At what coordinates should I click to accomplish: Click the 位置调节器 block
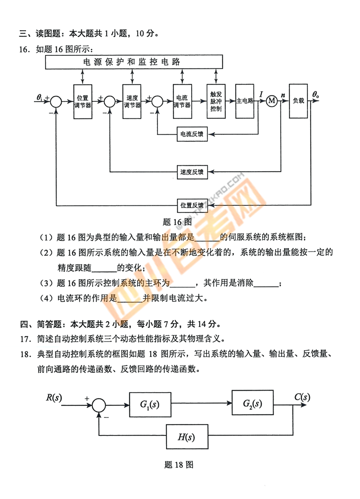pos(82,101)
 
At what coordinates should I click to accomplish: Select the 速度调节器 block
pos(132,101)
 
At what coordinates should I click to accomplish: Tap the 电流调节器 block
pos(182,101)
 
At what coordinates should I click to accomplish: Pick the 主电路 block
pos(245,101)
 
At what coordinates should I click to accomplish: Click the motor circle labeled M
pos(271,101)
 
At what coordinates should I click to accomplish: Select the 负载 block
pos(298,101)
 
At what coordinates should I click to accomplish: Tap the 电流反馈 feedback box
pos(192,134)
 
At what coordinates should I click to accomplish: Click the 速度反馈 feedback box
pos(192,172)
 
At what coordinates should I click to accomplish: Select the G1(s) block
pos(150,404)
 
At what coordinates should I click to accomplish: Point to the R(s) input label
pos(54,397)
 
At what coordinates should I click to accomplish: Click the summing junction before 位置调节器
pos(56,101)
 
